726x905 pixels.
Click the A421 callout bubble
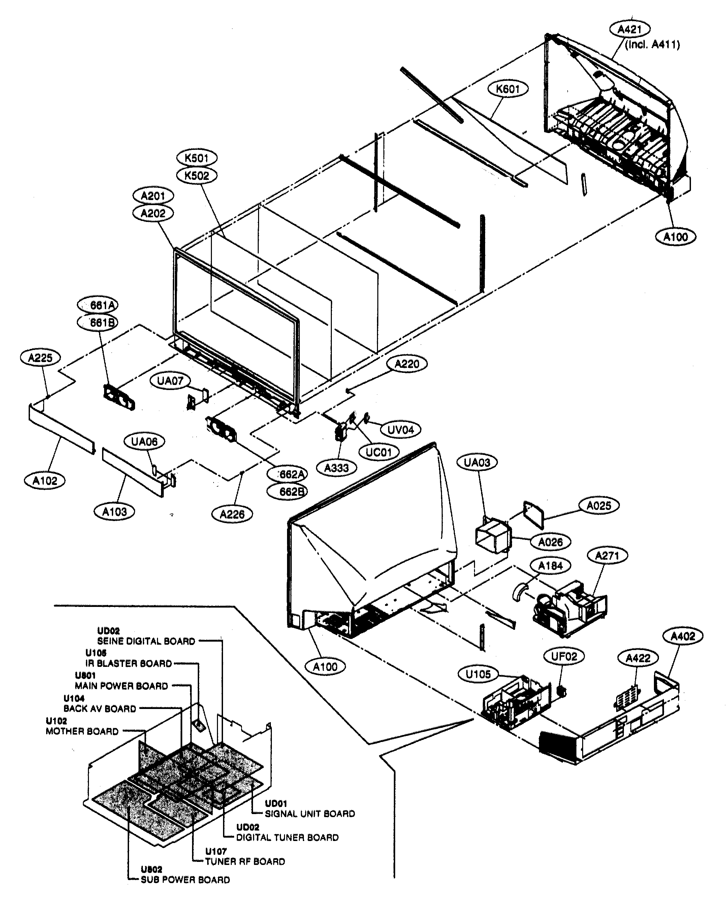point(629,29)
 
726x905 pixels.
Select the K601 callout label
point(508,89)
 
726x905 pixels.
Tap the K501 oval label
point(196,158)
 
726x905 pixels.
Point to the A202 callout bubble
point(153,213)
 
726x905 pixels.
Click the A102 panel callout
point(44,481)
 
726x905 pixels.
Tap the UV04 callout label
point(401,429)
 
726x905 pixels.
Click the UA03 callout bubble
point(477,462)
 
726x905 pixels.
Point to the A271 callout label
point(607,556)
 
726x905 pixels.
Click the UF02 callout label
point(564,656)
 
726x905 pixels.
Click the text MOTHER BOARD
point(82,731)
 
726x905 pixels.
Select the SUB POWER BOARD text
point(185,880)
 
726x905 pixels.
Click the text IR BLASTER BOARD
point(128,664)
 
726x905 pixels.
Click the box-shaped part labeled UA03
point(492,537)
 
